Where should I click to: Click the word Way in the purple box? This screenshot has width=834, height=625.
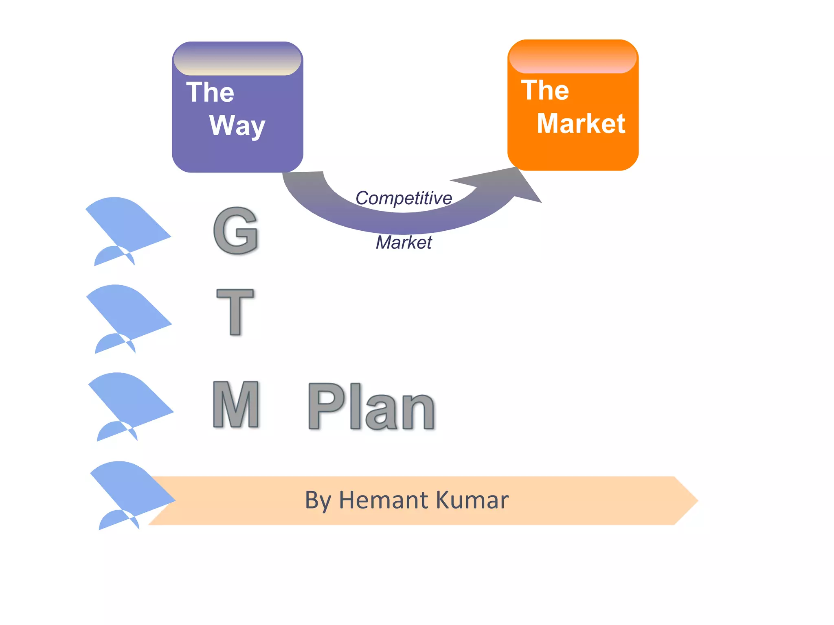pyautogui.click(x=237, y=125)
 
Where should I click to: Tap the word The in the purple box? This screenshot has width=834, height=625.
pyautogui.click(x=210, y=92)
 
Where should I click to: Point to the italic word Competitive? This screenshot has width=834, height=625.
pyautogui.click(x=404, y=198)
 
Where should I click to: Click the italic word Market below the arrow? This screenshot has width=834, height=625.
pyautogui.click(x=404, y=243)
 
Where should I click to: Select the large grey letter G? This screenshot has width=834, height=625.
pyautogui.click(x=236, y=230)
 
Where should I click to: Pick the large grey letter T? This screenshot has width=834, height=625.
pyautogui.click(x=235, y=312)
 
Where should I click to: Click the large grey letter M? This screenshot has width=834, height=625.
pyautogui.click(x=236, y=404)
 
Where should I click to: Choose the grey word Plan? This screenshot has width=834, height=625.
pyautogui.click(x=371, y=406)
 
